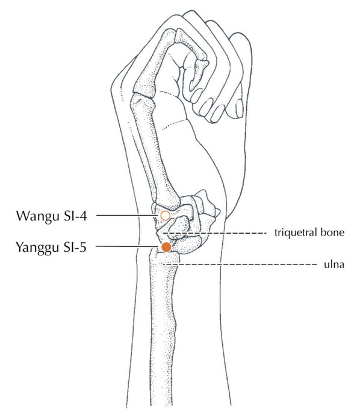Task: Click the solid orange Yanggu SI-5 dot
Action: (166, 247)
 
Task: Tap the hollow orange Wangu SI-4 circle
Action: (166, 216)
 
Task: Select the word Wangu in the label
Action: (37, 216)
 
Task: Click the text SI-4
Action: (75, 216)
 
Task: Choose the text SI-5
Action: (75, 247)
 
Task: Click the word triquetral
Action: (295, 232)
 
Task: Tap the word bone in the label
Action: (332, 232)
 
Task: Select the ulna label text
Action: (334, 264)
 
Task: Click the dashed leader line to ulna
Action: (239, 264)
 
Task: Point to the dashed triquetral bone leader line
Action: (214, 233)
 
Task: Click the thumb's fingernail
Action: (240, 108)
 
